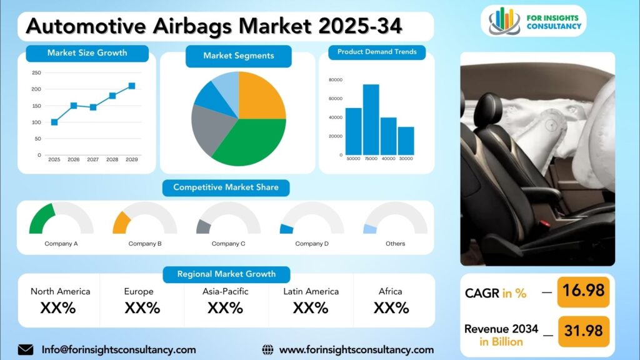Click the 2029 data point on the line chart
click(x=132, y=86)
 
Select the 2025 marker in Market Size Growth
click(x=54, y=122)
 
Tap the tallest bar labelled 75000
click(x=371, y=119)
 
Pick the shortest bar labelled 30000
click(x=406, y=141)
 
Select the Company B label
click(x=145, y=244)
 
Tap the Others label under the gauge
click(x=396, y=244)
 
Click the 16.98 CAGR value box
click(x=583, y=292)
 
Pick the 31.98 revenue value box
click(x=583, y=331)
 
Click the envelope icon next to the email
click(x=26, y=350)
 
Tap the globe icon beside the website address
click(x=267, y=350)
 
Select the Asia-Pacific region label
click(x=225, y=291)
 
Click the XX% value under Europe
click(x=142, y=307)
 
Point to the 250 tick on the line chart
click(x=37, y=72)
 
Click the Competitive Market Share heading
click(x=226, y=187)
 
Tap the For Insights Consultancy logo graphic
click(x=504, y=21)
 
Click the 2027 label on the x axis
click(x=93, y=159)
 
